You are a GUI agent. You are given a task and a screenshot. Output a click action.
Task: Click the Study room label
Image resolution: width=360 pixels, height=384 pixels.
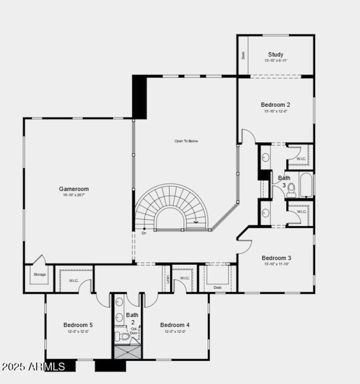(x=275, y=54)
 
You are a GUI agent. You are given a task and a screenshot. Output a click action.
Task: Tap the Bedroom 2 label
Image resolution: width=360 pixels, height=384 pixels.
(x=275, y=104)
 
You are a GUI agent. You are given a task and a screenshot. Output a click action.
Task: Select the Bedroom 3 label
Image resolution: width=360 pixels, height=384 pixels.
(x=276, y=258)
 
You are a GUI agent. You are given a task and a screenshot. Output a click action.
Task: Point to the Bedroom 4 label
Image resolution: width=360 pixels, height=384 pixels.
(x=175, y=325)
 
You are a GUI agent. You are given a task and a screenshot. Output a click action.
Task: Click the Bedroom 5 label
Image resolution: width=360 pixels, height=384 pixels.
(x=78, y=325)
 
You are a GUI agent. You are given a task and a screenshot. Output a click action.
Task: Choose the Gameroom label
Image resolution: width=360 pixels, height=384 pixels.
(x=74, y=189)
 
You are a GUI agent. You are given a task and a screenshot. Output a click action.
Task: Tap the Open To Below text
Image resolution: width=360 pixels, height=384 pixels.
(x=186, y=141)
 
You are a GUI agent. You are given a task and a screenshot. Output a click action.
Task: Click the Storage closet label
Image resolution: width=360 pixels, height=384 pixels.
(x=40, y=275)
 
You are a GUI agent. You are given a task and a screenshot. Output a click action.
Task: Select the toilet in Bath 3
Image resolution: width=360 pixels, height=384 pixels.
(x=291, y=190)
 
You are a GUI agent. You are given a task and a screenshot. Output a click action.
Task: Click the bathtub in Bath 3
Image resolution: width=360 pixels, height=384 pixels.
(x=306, y=185)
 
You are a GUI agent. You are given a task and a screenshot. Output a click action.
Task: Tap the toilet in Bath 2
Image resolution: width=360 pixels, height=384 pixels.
(x=122, y=336)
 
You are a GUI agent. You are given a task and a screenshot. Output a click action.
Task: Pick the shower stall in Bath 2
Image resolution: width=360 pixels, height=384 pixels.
(x=127, y=352)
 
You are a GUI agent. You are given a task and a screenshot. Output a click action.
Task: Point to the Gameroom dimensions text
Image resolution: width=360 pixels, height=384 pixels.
(x=74, y=195)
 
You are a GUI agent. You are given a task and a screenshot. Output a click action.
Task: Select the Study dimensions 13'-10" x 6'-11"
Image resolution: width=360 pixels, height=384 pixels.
(x=275, y=61)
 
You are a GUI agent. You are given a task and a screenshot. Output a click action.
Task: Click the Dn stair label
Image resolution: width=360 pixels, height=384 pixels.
(x=144, y=233)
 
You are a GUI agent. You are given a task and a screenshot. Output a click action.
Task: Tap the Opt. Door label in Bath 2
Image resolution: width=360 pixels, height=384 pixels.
(x=134, y=331)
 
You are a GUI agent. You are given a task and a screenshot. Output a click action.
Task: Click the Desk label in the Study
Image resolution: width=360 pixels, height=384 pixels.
(x=243, y=55)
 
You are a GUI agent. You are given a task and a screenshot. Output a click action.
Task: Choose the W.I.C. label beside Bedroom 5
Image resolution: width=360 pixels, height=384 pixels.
(x=73, y=281)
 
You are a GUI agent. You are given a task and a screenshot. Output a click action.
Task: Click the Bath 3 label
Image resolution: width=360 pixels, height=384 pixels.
(x=284, y=181)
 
